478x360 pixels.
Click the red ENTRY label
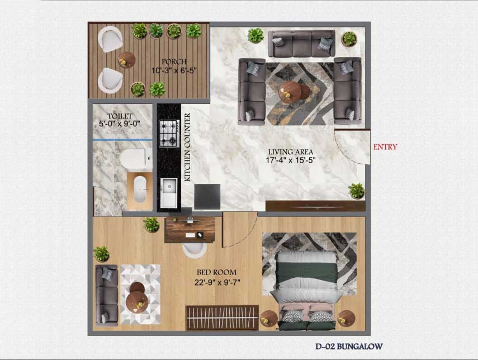[x=385, y=147]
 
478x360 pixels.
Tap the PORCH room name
[x=174, y=62]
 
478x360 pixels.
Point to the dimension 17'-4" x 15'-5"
[x=291, y=160]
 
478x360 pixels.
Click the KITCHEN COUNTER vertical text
[x=187, y=147]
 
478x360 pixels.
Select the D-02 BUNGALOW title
[x=349, y=347]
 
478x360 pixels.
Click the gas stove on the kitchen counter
[x=169, y=133]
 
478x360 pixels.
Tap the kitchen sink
[x=169, y=193]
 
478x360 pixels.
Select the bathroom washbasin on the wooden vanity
[x=140, y=190]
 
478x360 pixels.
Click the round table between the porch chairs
[x=126, y=60]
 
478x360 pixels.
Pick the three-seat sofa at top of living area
[x=301, y=44]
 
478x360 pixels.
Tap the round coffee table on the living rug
[x=290, y=92]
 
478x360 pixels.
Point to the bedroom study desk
[x=190, y=230]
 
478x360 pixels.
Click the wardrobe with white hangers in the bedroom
[x=223, y=318]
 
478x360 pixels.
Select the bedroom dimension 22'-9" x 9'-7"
[x=217, y=282]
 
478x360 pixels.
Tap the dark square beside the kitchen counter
[x=207, y=197]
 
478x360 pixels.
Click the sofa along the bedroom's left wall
[x=106, y=295]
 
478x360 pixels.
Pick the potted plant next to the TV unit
[x=357, y=191]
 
